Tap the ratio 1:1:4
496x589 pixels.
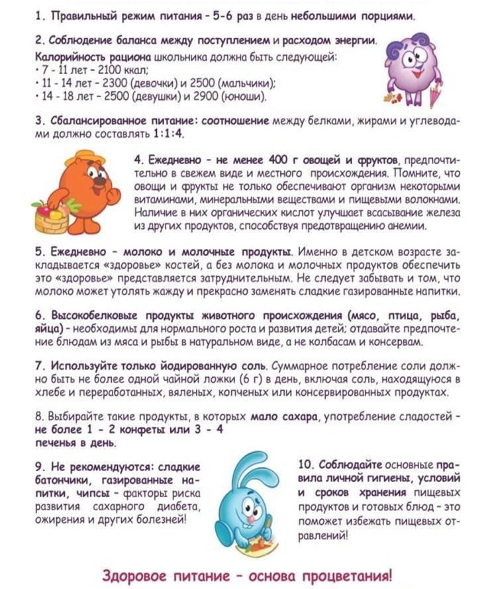click(168, 133)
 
